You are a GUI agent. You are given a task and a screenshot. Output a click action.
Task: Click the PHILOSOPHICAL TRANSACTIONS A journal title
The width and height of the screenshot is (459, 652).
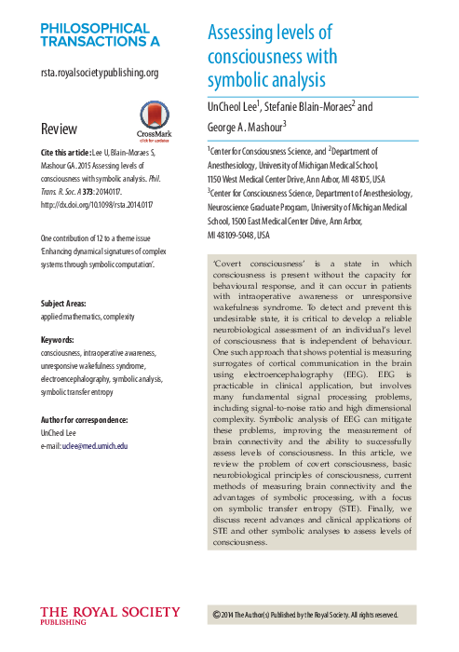100,34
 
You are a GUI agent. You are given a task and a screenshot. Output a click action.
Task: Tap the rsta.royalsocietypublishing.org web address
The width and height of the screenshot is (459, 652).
100,72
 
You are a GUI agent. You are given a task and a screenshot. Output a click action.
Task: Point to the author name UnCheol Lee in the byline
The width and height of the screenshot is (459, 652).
232,107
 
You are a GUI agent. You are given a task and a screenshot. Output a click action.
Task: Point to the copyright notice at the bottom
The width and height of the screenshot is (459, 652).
305,615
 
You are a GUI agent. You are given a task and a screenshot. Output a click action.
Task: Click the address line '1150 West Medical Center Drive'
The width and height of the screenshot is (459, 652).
264,176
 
